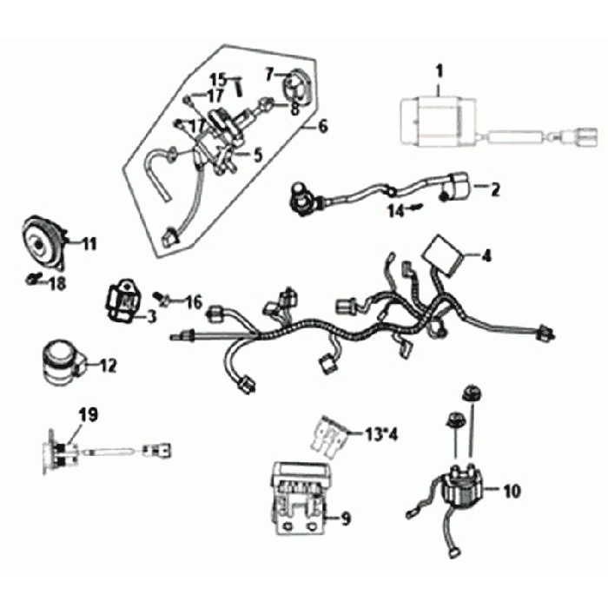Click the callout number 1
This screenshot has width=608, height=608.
tap(439, 72)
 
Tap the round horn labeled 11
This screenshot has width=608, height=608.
tap(42, 242)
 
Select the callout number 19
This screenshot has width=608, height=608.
tap(88, 415)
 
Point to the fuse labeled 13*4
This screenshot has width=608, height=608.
tap(329, 437)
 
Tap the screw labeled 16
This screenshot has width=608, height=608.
tap(162, 298)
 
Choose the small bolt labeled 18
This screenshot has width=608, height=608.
tap(33, 278)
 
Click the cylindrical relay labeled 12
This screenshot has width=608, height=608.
tap(63, 363)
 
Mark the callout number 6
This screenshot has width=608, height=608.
tap(322, 127)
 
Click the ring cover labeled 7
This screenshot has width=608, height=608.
tap(299, 88)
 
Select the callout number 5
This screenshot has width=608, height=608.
tap(256, 155)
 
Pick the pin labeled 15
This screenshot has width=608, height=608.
tap(239, 87)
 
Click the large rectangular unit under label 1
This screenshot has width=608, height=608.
tap(438, 121)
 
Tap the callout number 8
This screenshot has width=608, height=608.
tap(294, 109)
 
